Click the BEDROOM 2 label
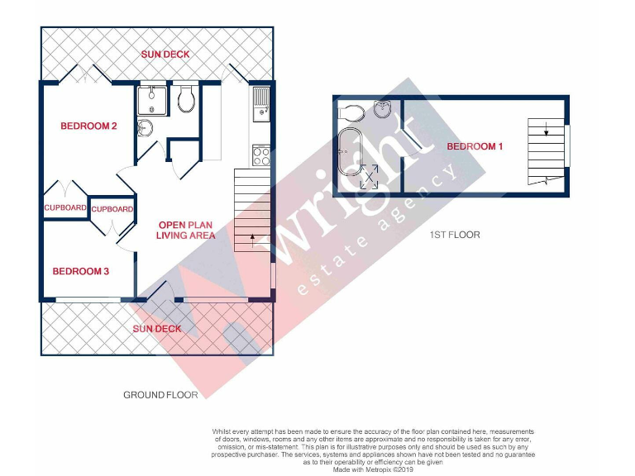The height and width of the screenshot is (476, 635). click(x=88, y=126)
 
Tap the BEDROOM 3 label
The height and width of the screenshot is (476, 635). click(x=80, y=271)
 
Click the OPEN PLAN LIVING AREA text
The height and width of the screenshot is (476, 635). click(x=186, y=230)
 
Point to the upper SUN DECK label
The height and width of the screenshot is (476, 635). click(x=165, y=55)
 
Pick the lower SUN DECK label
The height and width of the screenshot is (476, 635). click(x=157, y=329)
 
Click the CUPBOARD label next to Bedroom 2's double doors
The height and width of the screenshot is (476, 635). click(x=64, y=208)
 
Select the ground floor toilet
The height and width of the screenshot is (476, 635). click(x=186, y=99)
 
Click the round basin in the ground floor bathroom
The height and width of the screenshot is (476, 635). click(x=146, y=128)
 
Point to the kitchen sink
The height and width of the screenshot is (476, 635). click(x=262, y=102)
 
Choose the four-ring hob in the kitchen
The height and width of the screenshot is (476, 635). click(x=261, y=155)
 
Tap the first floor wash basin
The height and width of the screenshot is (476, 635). click(x=382, y=109)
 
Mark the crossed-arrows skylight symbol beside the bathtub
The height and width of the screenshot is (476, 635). click(x=370, y=176)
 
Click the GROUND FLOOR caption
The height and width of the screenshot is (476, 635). click(x=160, y=395)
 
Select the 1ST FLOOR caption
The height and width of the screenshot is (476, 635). click(x=454, y=235)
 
